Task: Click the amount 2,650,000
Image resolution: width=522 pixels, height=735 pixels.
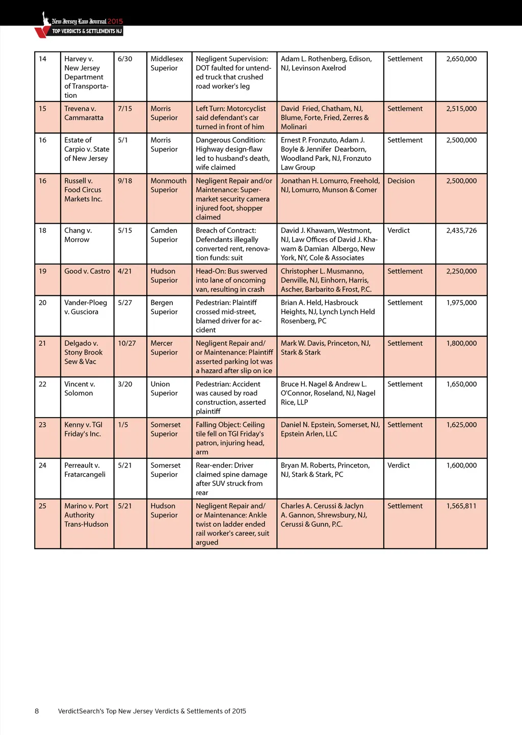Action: pos(461,59)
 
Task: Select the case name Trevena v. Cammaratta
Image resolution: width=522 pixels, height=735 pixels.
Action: pos(84,113)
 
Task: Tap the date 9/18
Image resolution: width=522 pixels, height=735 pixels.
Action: pos(125,181)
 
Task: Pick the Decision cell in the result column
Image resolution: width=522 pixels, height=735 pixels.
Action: pos(401,181)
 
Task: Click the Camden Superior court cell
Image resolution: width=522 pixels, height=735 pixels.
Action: pos(164,235)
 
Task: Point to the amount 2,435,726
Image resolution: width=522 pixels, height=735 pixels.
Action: pos(461,230)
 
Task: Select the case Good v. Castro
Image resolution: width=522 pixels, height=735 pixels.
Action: pos(87,271)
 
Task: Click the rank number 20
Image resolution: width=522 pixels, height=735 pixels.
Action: pos(43,303)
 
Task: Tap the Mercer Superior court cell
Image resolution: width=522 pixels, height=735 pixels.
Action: pos(164,348)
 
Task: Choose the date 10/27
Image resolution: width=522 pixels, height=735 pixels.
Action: pos(127,343)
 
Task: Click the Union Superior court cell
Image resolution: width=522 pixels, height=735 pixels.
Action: pos(164,389)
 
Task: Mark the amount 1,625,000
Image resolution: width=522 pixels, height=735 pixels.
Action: pos(461,425)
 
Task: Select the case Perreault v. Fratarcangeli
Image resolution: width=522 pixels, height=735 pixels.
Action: pos(85,470)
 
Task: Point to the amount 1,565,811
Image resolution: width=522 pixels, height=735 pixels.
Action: pos(461,506)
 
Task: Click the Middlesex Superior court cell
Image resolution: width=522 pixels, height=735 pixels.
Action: pos(167,64)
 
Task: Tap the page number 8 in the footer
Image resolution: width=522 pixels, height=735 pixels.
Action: pos(37,711)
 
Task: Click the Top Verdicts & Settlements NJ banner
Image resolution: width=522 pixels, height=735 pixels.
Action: pos(87,31)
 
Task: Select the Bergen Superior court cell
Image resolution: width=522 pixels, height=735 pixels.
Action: pos(164,307)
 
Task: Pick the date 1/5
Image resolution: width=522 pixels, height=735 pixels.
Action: pos(123,425)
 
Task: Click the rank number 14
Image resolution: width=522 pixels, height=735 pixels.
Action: pos(43,59)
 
